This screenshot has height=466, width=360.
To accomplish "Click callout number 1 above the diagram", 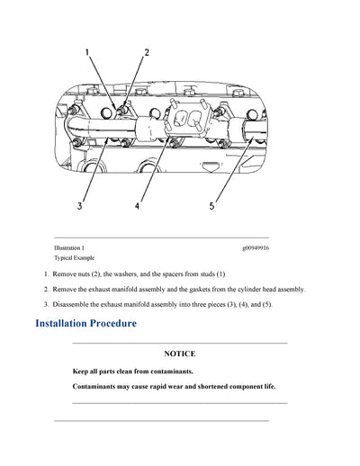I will click(87, 52).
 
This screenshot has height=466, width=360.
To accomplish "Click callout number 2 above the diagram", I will click(147, 52).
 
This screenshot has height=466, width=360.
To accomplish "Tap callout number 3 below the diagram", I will click(79, 205).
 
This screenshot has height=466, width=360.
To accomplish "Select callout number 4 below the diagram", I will click(137, 205).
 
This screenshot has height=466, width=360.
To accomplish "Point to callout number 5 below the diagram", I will click(211, 205).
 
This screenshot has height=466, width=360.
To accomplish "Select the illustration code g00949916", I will click(256, 247).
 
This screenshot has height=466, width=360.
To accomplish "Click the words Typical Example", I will click(74, 258).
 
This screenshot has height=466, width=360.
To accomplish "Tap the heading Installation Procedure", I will click(85, 323).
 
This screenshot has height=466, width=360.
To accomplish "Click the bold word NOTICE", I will click(179, 354).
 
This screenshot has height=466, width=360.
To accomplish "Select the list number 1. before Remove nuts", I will click(46, 273).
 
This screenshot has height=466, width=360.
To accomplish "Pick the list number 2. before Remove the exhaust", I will click(46, 289).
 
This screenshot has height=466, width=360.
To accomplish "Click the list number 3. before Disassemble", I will click(46, 304).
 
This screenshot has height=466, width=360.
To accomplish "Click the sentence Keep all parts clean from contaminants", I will click(132, 372).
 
